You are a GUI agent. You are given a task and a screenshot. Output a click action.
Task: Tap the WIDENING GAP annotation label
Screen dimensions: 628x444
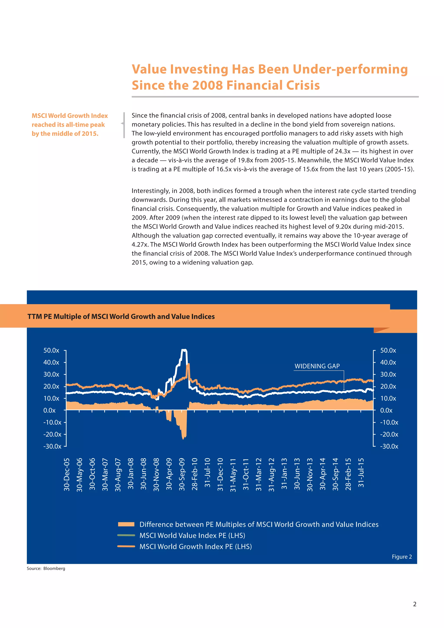(x=317, y=366)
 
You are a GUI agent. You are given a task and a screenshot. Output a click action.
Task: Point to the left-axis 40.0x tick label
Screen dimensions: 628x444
(x=51, y=362)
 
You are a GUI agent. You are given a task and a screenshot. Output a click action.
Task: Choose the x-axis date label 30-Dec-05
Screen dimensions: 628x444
(x=67, y=474)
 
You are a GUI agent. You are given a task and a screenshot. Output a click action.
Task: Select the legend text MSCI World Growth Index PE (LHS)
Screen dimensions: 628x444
(x=196, y=546)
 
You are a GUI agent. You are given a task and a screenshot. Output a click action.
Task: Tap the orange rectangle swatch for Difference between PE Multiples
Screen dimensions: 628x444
(x=126, y=524)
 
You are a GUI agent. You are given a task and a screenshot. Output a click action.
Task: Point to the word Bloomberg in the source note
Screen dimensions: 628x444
(x=54, y=568)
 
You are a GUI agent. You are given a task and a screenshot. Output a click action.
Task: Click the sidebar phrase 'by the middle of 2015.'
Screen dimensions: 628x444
(x=65, y=134)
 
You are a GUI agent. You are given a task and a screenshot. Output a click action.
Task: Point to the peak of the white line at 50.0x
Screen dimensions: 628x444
(x=184, y=350)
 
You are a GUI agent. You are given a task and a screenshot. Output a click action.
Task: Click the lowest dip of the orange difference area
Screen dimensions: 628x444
(x=183, y=439)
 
